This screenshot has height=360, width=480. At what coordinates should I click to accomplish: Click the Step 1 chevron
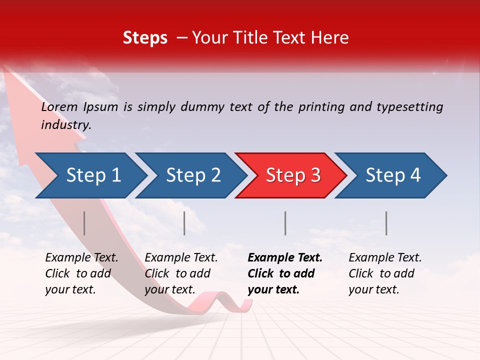click(x=92, y=175)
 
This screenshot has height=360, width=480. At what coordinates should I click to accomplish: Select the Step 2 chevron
click(x=192, y=175)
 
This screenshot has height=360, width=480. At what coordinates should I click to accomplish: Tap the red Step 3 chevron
click(x=292, y=175)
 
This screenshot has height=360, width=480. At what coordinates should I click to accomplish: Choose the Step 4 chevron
click(x=392, y=175)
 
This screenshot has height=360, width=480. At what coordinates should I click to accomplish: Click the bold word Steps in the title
click(x=145, y=38)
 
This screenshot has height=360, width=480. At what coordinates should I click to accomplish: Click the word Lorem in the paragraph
click(x=59, y=106)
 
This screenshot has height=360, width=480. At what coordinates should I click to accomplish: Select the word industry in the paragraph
click(x=66, y=125)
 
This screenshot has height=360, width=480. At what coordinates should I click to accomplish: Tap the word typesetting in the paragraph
click(x=409, y=107)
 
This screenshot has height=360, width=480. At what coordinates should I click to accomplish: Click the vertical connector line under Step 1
click(x=84, y=223)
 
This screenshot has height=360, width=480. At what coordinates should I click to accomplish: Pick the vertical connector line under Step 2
click(x=184, y=223)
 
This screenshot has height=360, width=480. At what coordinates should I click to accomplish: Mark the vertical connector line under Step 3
click(x=285, y=223)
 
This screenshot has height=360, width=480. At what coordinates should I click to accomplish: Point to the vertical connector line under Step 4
click(x=386, y=223)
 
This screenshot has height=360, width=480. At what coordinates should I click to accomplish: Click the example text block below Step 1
click(x=81, y=273)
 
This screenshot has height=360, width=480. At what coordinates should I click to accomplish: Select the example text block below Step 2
click(x=181, y=273)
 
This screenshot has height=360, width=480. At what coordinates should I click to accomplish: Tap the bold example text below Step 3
click(x=285, y=273)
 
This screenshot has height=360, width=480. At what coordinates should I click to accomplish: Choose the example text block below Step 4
click(x=385, y=273)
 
